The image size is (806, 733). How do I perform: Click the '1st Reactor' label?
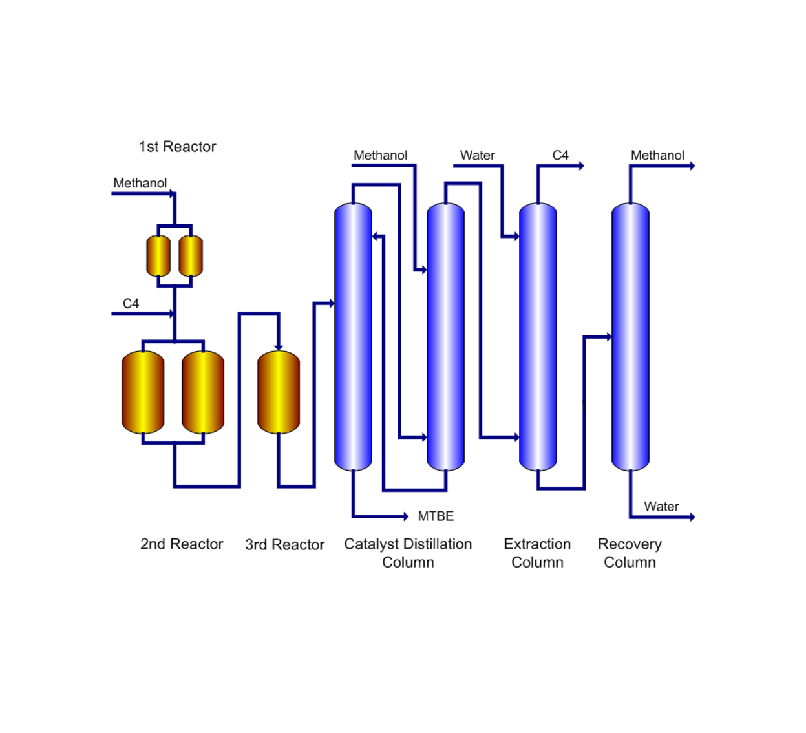click(x=177, y=147)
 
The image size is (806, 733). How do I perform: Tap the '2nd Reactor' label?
click(x=182, y=544)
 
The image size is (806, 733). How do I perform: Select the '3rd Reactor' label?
click(x=284, y=545)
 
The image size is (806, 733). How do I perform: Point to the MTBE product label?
click(x=436, y=516)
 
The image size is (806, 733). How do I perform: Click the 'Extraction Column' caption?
click(x=537, y=553)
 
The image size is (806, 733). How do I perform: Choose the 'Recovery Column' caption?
click(x=630, y=553)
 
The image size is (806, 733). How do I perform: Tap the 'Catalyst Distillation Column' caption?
click(x=408, y=553)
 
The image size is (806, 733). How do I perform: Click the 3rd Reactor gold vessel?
click(x=279, y=392)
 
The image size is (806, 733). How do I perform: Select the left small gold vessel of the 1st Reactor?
click(x=158, y=256)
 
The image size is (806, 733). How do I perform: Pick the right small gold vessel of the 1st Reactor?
click(x=191, y=256)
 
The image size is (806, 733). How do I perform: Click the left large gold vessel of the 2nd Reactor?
click(x=143, y=392)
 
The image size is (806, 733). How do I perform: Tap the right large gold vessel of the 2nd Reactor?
click(x=203, y=392)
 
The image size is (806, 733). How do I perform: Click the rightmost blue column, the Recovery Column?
click(x=630, y=336)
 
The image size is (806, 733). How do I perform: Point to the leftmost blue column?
click(x=353, y=336)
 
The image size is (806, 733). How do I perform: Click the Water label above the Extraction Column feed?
click(x=477, y=156)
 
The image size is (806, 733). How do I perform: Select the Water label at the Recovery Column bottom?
click(x=661, y=507)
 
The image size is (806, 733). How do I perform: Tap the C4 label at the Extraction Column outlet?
click(x=560, y=156)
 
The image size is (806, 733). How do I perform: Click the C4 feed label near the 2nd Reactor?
click(x=131, y=304)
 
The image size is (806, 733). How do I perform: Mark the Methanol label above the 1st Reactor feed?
click(x=140, y=184)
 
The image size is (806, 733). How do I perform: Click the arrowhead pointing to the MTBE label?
click(x=406, y=516)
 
